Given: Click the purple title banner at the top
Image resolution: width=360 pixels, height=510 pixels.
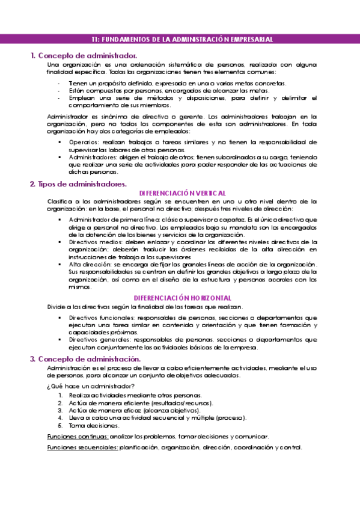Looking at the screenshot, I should [180, 39].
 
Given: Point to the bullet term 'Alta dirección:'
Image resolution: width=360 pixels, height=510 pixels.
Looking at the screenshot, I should [88, 264].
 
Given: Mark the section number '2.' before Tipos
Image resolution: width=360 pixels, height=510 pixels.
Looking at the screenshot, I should [32, 183].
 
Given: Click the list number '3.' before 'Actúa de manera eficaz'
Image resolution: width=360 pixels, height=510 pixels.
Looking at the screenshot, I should [61, 410].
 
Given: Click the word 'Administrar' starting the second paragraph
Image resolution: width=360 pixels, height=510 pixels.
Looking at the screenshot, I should [65, 116].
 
